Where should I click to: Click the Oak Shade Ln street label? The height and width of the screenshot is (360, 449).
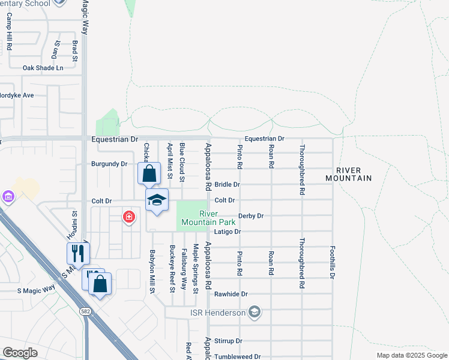coord(43,68)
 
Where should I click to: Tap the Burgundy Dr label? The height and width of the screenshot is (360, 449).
coord(109,164)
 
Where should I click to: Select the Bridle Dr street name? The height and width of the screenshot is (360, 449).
coord(227,185)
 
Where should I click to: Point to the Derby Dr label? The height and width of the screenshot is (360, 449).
coord(251,215)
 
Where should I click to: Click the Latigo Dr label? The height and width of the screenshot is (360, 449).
coord(229,232)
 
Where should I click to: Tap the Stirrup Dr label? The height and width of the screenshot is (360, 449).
coord(230,341)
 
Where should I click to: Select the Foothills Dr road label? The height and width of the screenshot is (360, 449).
coord(331,262)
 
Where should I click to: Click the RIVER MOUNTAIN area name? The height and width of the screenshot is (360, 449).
coord(349,174)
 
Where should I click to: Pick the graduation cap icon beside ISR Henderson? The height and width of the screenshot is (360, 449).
coord(255,312)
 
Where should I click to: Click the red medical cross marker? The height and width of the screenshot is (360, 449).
coord(128,217)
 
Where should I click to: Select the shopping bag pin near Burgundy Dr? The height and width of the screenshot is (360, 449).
coord(149,175)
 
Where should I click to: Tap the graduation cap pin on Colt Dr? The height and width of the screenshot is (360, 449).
coord(157,200)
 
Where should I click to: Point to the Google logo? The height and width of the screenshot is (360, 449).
coord(20,353)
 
